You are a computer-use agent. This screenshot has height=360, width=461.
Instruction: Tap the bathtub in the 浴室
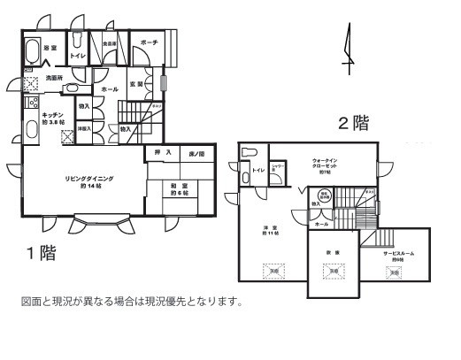[x=33, y=49]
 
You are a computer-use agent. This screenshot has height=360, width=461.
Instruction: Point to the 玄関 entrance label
[x=137, y=85]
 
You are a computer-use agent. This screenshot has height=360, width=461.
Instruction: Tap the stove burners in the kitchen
[x=30, y=105]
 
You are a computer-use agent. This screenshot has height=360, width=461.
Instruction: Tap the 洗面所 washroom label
[x=53, y=78]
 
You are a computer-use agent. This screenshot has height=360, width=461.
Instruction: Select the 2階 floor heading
[x=351, y=123]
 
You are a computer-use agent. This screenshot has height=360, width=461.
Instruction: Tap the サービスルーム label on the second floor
[x=397, y=253]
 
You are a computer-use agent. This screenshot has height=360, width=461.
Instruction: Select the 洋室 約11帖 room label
[x=271, y=233]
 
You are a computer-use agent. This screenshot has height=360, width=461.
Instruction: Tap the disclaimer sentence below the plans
[x=131, y=301]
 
